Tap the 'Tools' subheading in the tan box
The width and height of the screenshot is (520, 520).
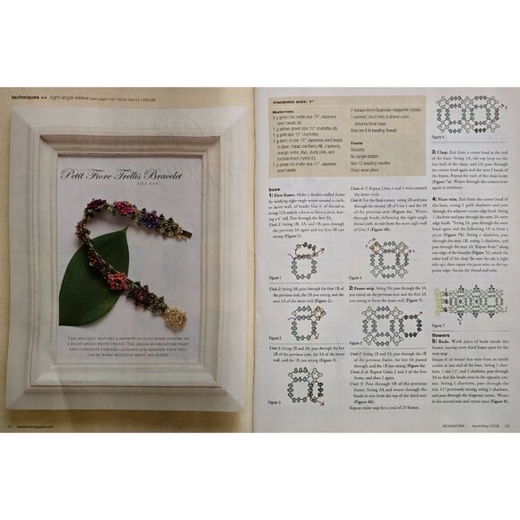pyautogui.click(x=356, y=142)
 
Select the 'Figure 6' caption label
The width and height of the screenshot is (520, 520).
pyautogui.click(x=438, y=138)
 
